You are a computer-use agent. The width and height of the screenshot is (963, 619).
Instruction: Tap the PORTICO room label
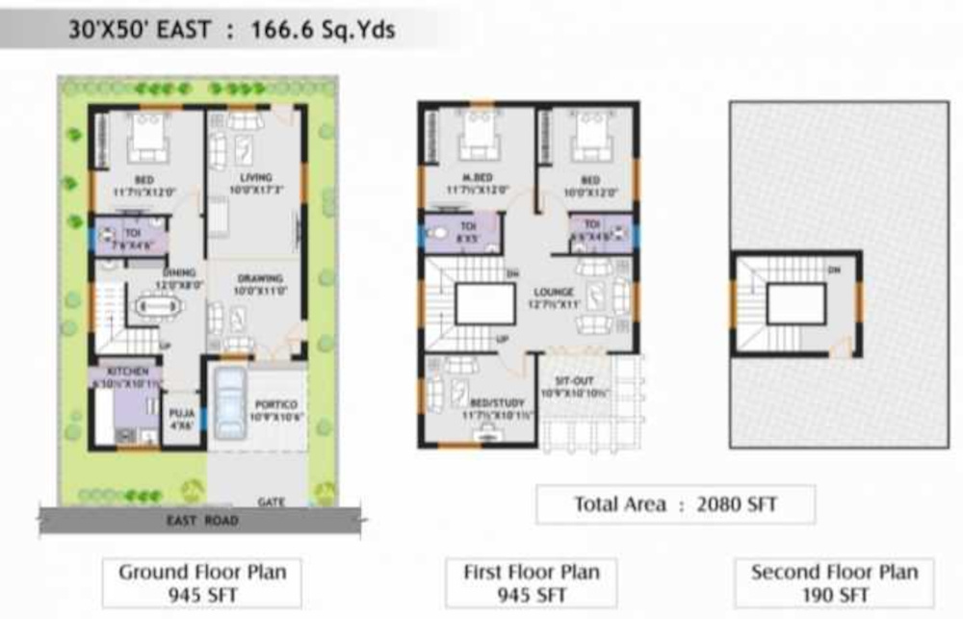tap(276, 404)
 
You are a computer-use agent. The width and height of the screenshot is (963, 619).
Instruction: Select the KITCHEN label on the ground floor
tap(127, 371)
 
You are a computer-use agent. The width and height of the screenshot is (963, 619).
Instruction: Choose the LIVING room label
tap(256, 177)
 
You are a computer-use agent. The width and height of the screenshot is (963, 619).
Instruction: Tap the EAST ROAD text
tap(201, 521)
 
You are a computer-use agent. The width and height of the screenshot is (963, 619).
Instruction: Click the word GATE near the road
tap(271, 503)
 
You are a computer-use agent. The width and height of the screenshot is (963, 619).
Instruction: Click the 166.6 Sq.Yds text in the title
tap(323, 30)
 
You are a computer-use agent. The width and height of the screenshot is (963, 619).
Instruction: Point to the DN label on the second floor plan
tap(834, 271)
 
